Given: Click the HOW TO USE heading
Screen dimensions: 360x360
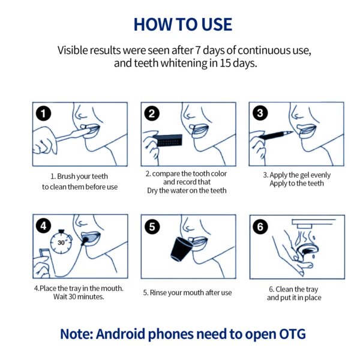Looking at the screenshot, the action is pos(183,25).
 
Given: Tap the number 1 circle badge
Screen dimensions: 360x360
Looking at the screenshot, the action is pos(44,113).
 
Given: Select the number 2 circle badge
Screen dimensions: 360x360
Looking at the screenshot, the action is pos(152,113).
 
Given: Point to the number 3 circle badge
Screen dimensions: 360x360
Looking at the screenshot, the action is pos(260,113).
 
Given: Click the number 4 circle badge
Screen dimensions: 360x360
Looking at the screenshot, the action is pos(44,226).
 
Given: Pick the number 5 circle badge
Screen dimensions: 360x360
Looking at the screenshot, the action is pos(152,227).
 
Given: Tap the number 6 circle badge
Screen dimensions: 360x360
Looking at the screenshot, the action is pos(260,227).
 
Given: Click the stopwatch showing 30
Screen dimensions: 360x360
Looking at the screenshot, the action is pos(61,242).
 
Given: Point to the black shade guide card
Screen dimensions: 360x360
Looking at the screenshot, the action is pos(167,140).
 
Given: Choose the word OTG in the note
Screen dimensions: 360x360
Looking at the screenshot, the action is pos(292,334).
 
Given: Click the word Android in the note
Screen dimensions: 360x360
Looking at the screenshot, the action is pos(121,334).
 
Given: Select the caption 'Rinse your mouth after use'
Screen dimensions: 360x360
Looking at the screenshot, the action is pos(191,293).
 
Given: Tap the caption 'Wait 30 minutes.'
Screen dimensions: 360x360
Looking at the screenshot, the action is pos(79,296).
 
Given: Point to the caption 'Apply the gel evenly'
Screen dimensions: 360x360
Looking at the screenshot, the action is pos(300,175).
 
